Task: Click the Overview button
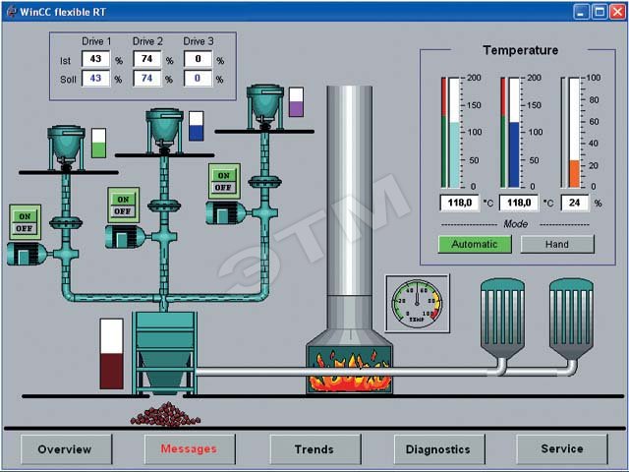click(x=65, y=449)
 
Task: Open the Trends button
click(x=314, y=449)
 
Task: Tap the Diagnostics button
click(x=438, y=449)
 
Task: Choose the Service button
click(x=562, y=449)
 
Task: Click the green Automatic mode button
click(x=475, y=245)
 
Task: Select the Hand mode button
click(x=557, y=245)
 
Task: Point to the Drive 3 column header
click(x=199, y=41)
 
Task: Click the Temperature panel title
click(x=520, y=50)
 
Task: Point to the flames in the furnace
click(x=349, y=378)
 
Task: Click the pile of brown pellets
click(x=166, y=414)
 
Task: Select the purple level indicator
click(x=296, y=107)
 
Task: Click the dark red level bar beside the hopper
click(x=111, y=372)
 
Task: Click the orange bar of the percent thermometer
click(x=574, y=173)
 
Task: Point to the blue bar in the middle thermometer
click(x=514, y=153)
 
